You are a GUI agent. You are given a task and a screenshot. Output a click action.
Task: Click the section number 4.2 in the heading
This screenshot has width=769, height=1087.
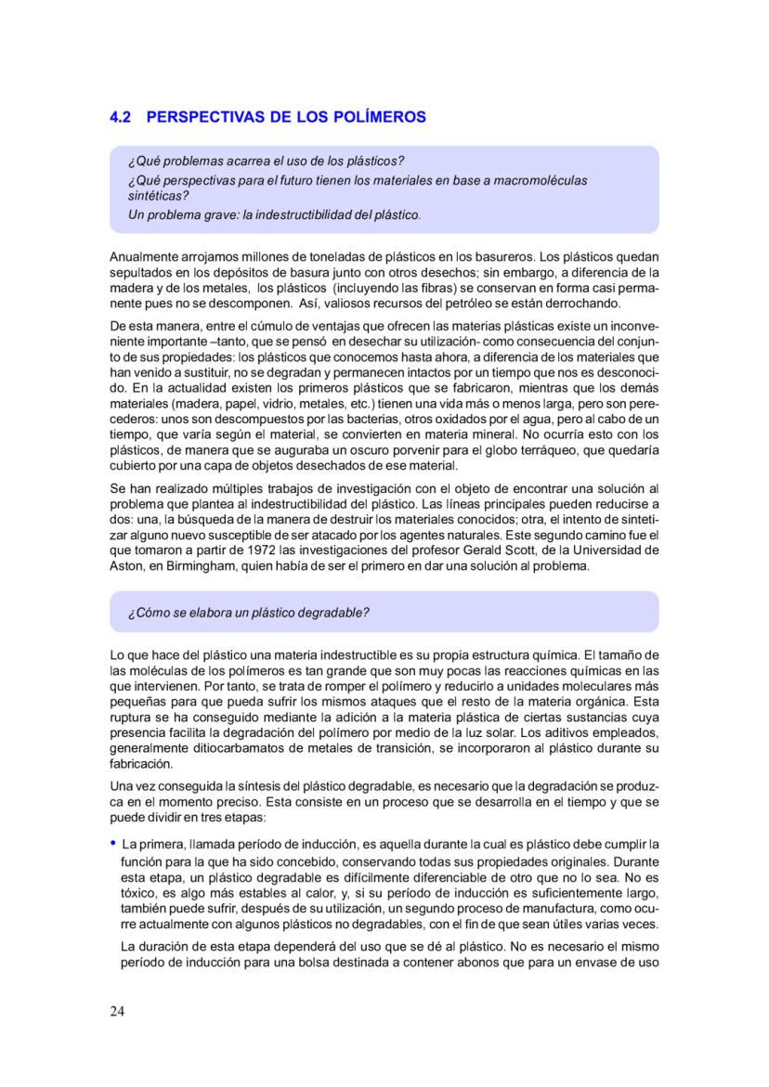[x=121, y=118]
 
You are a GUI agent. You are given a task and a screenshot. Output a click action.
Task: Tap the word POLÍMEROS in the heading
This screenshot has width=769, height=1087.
[x=376, y=118]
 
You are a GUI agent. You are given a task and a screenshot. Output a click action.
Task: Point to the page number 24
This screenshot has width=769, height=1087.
[x=117, y=1011]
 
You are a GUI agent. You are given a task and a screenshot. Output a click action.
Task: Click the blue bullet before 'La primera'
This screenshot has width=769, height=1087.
[x=113, y=843]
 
